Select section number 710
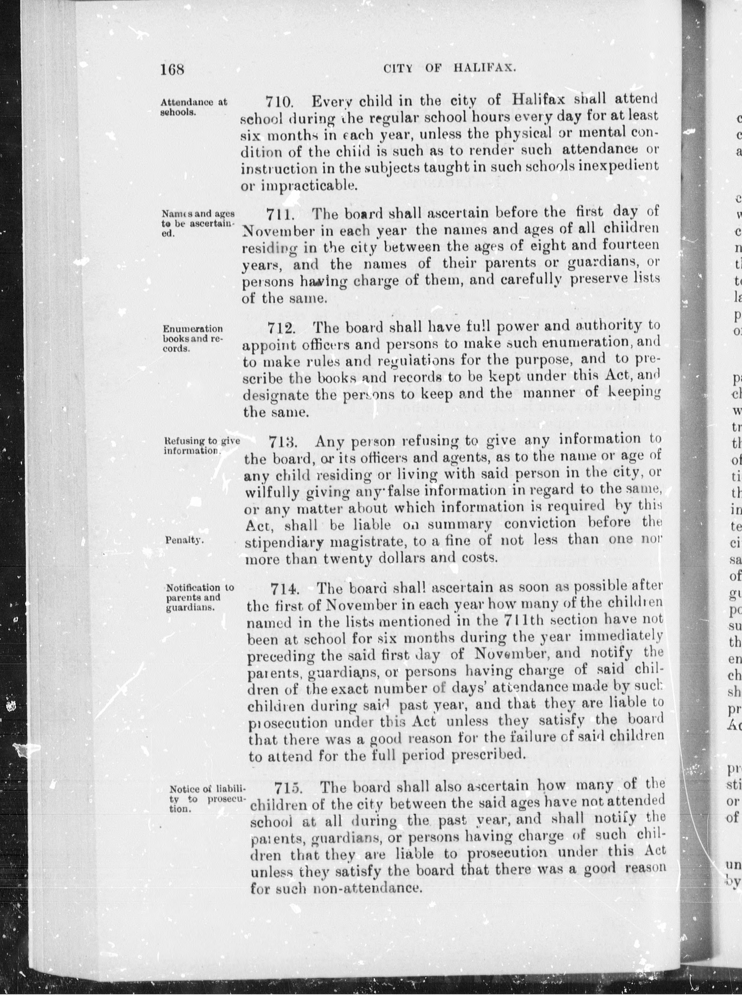click(279, 102)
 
